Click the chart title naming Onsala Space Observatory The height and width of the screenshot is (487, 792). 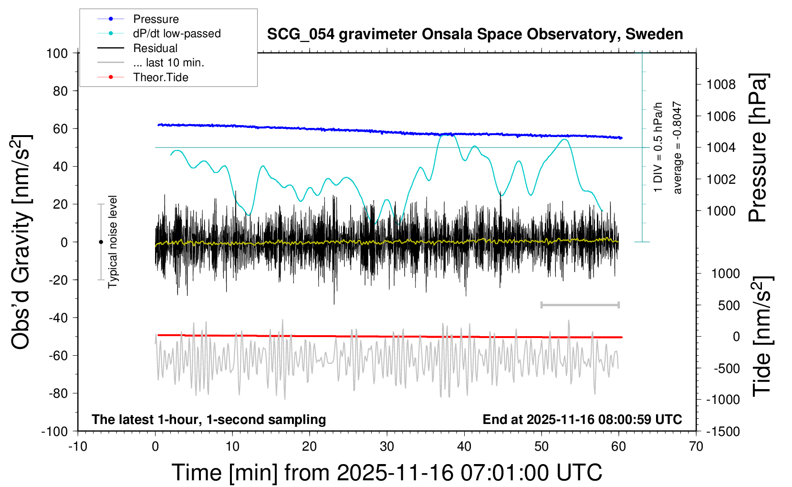point(475,34)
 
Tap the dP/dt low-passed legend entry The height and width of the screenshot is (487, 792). point(177,33)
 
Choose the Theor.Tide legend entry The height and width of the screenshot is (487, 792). point(160,77)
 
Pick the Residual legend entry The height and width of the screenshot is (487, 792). point(155,48)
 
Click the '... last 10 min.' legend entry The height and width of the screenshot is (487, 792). point(168,63)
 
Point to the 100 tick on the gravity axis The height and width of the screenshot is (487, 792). point(57,53)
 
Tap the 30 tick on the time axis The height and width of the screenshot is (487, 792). point(387,447)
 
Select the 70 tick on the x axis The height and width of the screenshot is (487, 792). point(696,447)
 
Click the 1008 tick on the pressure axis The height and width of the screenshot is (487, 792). point(721,85)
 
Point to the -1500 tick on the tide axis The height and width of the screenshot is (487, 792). point(723,432)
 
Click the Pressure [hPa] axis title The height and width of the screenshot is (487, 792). point(758,148)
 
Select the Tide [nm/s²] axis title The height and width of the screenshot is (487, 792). point(762,336)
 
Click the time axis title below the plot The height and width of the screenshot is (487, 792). point(387,473)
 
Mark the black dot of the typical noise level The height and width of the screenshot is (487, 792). point(101,242)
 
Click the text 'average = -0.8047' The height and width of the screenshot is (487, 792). point(677,148)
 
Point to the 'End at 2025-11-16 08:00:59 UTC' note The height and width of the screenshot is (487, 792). point(582,420)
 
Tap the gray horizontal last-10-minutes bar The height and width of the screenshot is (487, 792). point(580,305)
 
